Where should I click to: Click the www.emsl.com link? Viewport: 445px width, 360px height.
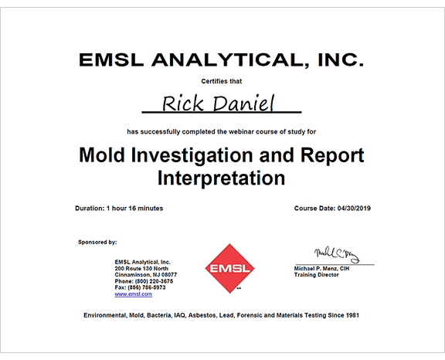133,294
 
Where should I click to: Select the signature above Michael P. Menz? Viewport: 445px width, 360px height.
336,255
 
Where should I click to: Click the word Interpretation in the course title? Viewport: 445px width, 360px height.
222,178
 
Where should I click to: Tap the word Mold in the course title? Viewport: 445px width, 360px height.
104,155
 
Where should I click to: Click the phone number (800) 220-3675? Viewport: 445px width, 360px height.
154,281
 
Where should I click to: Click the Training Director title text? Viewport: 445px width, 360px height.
317,275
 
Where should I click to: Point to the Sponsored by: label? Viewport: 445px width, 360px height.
97,243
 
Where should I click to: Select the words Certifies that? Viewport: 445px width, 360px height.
222,81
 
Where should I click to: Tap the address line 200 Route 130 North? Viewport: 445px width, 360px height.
141,268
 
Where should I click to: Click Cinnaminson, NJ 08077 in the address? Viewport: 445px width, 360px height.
145,274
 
